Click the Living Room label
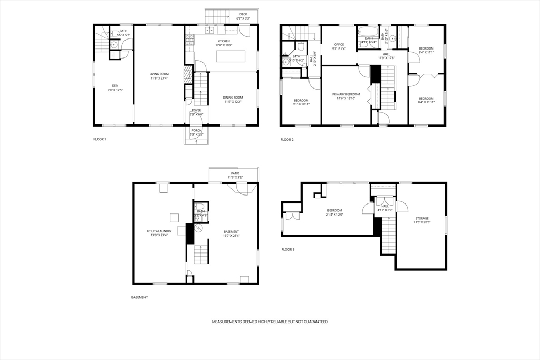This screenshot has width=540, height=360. coord(159,76)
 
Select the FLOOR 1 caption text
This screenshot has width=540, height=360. coord(100,140)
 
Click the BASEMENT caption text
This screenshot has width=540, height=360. coord(139,297)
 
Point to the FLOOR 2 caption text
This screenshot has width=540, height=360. coord(287,140)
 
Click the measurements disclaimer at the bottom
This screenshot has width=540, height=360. coord(269,322)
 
